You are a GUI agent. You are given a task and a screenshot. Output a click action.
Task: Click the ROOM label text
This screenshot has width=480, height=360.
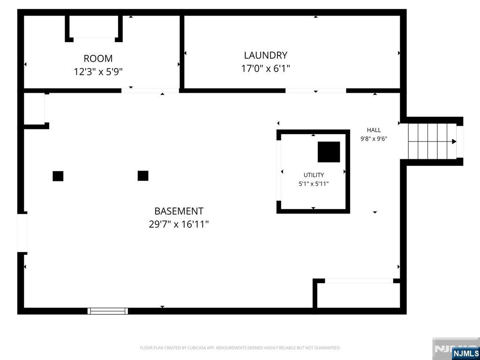98,58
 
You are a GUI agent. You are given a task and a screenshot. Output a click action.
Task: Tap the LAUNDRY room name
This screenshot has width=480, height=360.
265,55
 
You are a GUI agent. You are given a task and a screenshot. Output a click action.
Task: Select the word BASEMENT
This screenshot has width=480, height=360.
179,211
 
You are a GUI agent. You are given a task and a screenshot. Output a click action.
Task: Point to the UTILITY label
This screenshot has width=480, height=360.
314,175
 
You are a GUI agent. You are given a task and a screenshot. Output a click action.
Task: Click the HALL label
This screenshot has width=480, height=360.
374,130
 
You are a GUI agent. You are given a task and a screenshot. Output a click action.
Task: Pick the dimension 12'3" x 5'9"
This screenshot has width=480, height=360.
98,72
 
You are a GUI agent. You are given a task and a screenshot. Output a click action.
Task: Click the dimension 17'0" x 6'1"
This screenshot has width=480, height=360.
265,68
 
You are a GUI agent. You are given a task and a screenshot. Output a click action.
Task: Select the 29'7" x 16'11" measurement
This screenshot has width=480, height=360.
179,225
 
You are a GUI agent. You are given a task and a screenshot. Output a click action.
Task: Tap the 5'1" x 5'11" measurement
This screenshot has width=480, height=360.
314,184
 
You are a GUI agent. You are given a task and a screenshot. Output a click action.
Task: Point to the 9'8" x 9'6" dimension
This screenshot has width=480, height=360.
374,139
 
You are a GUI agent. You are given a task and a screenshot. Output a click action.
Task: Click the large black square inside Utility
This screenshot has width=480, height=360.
329,152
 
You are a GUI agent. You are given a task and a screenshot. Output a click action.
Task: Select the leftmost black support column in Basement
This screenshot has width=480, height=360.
58,176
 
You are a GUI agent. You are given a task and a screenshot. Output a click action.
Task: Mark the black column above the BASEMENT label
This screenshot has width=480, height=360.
143,176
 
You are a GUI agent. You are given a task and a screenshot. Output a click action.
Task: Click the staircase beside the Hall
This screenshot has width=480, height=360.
432,142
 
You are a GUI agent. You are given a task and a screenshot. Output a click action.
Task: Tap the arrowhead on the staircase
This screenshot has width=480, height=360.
454,142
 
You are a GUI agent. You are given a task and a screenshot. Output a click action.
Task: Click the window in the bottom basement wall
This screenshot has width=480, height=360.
108,311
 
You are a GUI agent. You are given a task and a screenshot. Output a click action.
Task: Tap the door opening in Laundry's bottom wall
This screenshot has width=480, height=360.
315,90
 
